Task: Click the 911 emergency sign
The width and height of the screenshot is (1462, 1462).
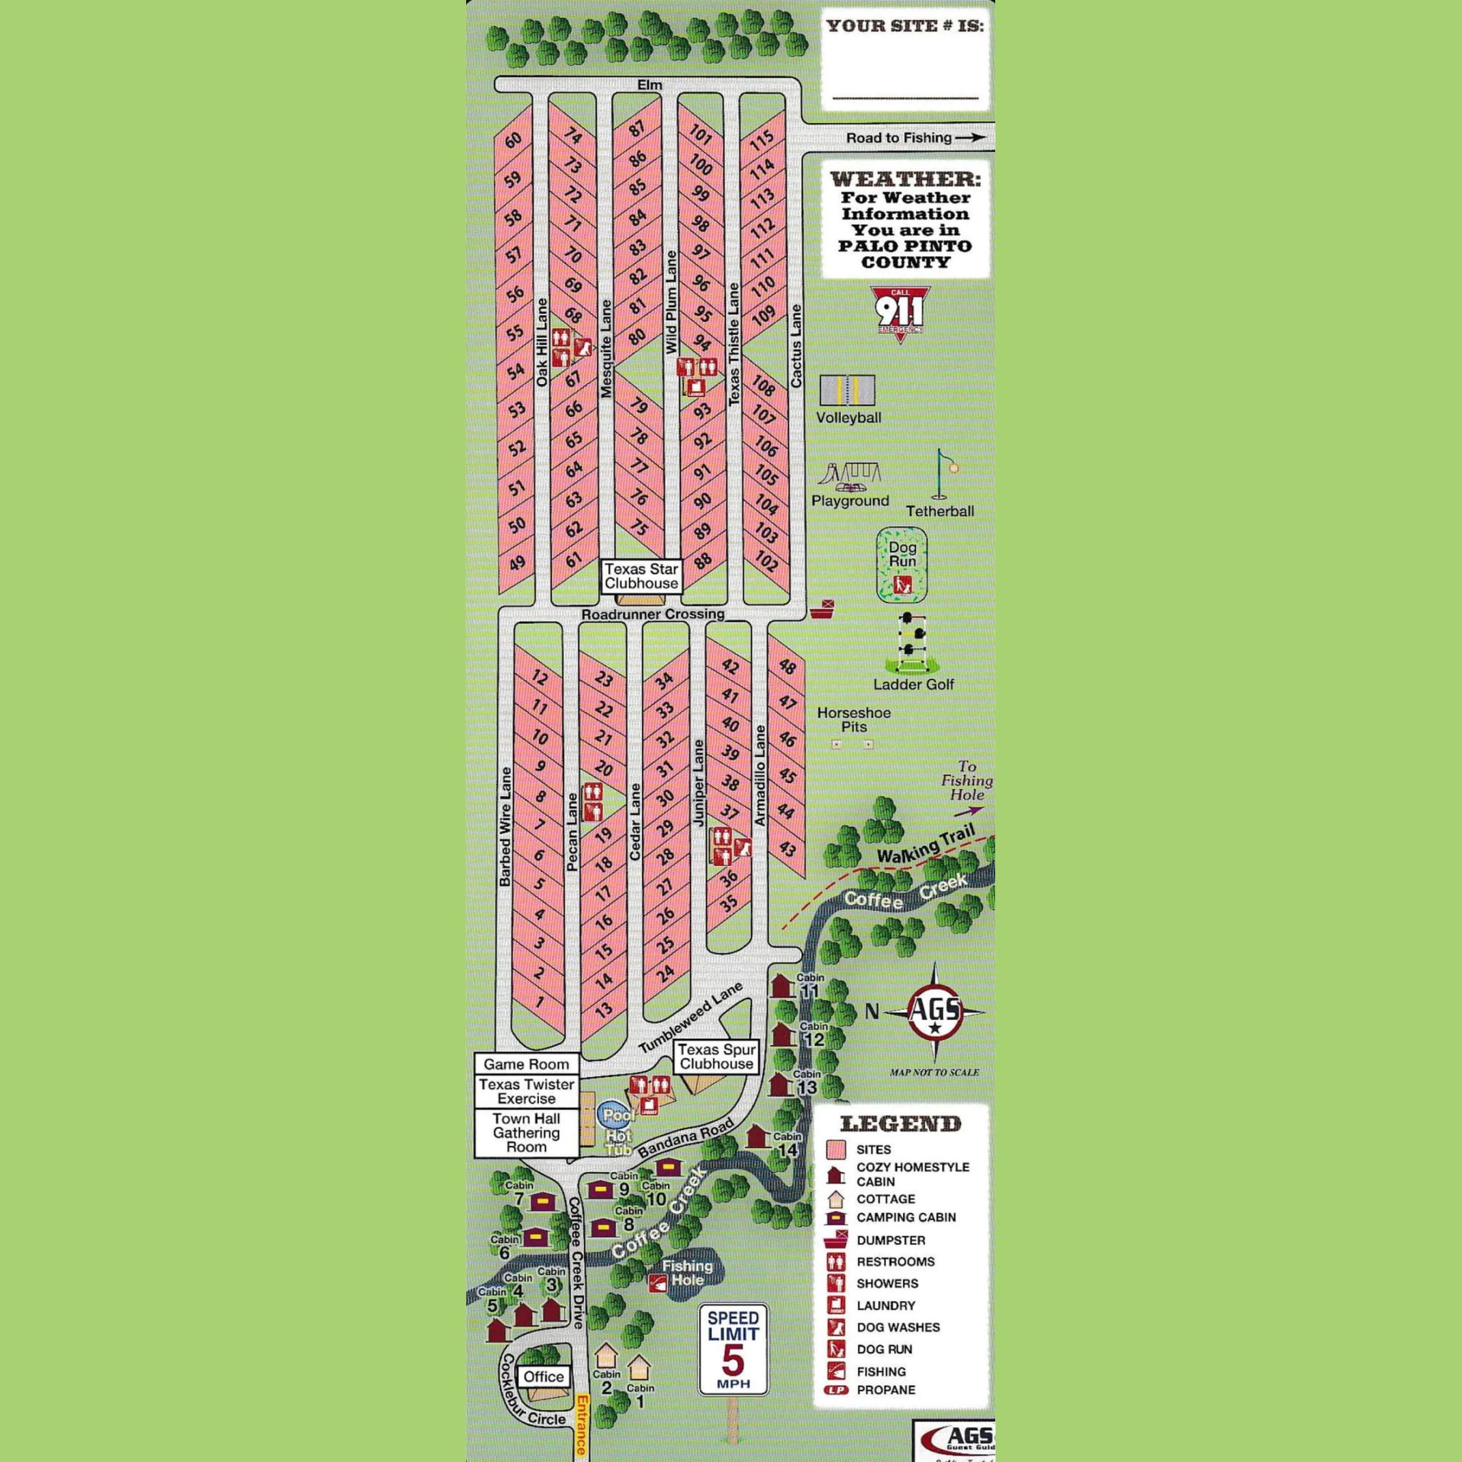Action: coord(899,311)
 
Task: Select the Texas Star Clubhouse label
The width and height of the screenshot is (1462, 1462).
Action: coord(641,576)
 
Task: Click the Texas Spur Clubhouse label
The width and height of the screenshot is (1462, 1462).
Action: coord(716,1057)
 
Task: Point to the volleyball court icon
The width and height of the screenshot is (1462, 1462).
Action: coord(847,390)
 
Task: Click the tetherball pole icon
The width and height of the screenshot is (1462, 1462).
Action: coord(943,475)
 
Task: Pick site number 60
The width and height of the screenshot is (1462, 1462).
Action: coord(514,140)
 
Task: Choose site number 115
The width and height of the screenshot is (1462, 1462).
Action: coord(761,138)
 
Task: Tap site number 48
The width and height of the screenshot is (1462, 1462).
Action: coord(787,667)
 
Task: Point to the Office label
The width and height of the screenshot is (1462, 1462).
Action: coord(543,1376)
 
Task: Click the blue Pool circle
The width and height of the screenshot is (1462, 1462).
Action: coord(617,1114)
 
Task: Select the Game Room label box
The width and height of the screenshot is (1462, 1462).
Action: coord(526,1064)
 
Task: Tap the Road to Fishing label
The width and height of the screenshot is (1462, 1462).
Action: coord(899,138)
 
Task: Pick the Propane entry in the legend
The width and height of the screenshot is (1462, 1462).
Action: coord(884,1411)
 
